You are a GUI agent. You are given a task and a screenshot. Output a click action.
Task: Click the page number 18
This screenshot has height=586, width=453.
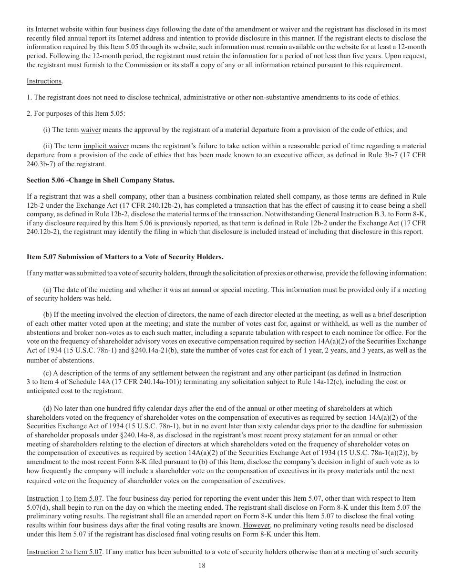202,566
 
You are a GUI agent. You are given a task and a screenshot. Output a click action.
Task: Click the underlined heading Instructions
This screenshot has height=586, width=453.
44,81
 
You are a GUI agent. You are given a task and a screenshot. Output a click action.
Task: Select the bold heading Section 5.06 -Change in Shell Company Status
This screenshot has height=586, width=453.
101,180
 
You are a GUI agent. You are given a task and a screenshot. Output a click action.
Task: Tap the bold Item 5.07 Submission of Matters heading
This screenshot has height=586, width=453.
125,257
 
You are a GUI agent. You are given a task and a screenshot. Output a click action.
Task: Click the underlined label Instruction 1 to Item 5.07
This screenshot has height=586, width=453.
64,499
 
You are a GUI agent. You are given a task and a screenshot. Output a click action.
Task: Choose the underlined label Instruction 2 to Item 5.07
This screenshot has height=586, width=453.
64,552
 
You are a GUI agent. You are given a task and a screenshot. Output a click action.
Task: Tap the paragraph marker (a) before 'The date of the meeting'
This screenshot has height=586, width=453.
48,290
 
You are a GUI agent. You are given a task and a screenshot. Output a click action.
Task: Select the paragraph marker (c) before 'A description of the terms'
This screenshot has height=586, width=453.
47,373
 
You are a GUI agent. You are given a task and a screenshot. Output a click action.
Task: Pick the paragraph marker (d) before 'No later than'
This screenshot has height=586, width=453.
48,408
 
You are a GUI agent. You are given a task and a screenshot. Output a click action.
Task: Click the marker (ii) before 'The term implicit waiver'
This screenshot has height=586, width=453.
48,146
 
